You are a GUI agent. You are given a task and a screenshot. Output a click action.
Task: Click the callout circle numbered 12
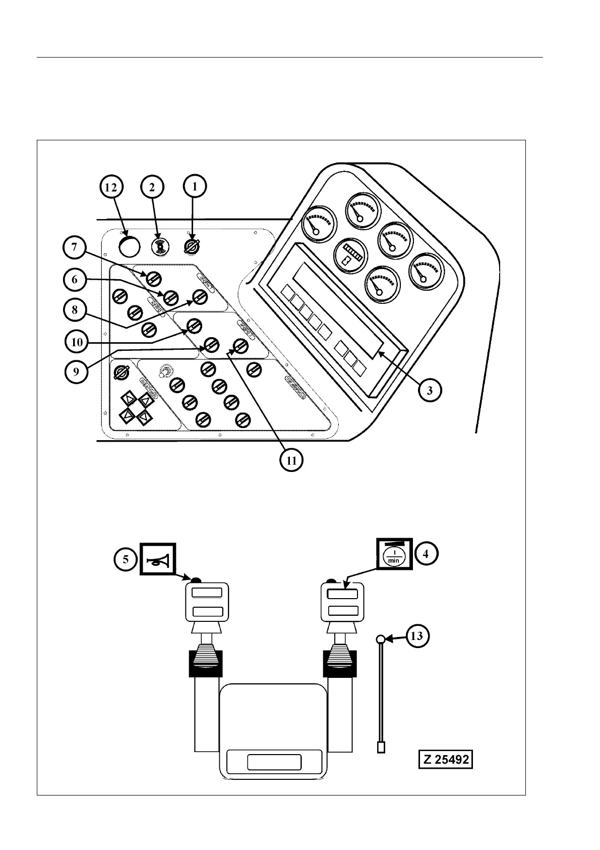pos(110,188)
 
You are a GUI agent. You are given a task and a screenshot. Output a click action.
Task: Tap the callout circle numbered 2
pos(152,187)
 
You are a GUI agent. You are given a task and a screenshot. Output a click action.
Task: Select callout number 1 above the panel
pos(195,186)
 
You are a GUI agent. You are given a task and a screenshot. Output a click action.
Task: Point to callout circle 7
pos(75,247)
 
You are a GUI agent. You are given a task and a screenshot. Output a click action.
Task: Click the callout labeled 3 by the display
pos(430,390)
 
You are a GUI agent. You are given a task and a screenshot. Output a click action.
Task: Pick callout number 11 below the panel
pos(291,460)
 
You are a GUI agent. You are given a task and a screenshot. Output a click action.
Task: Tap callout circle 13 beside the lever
pos(416,636)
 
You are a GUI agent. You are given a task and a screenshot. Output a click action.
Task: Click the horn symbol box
pos(157,559)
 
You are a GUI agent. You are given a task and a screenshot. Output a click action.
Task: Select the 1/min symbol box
pos(395,554)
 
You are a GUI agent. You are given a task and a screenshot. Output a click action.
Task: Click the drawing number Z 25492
pos(445,759)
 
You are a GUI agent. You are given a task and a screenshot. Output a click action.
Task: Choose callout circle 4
pos(426,554)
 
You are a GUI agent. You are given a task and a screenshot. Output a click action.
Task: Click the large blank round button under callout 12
pos(129,247)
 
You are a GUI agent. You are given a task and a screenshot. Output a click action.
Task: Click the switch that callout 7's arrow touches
pos(153,278)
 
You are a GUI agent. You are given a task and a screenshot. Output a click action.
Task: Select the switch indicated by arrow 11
pos(240,347)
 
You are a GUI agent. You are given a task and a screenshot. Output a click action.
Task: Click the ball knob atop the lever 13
pos(381,640)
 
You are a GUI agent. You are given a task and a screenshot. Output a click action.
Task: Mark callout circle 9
pos(76,372)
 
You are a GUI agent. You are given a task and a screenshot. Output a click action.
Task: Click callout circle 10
pos(77,343)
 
